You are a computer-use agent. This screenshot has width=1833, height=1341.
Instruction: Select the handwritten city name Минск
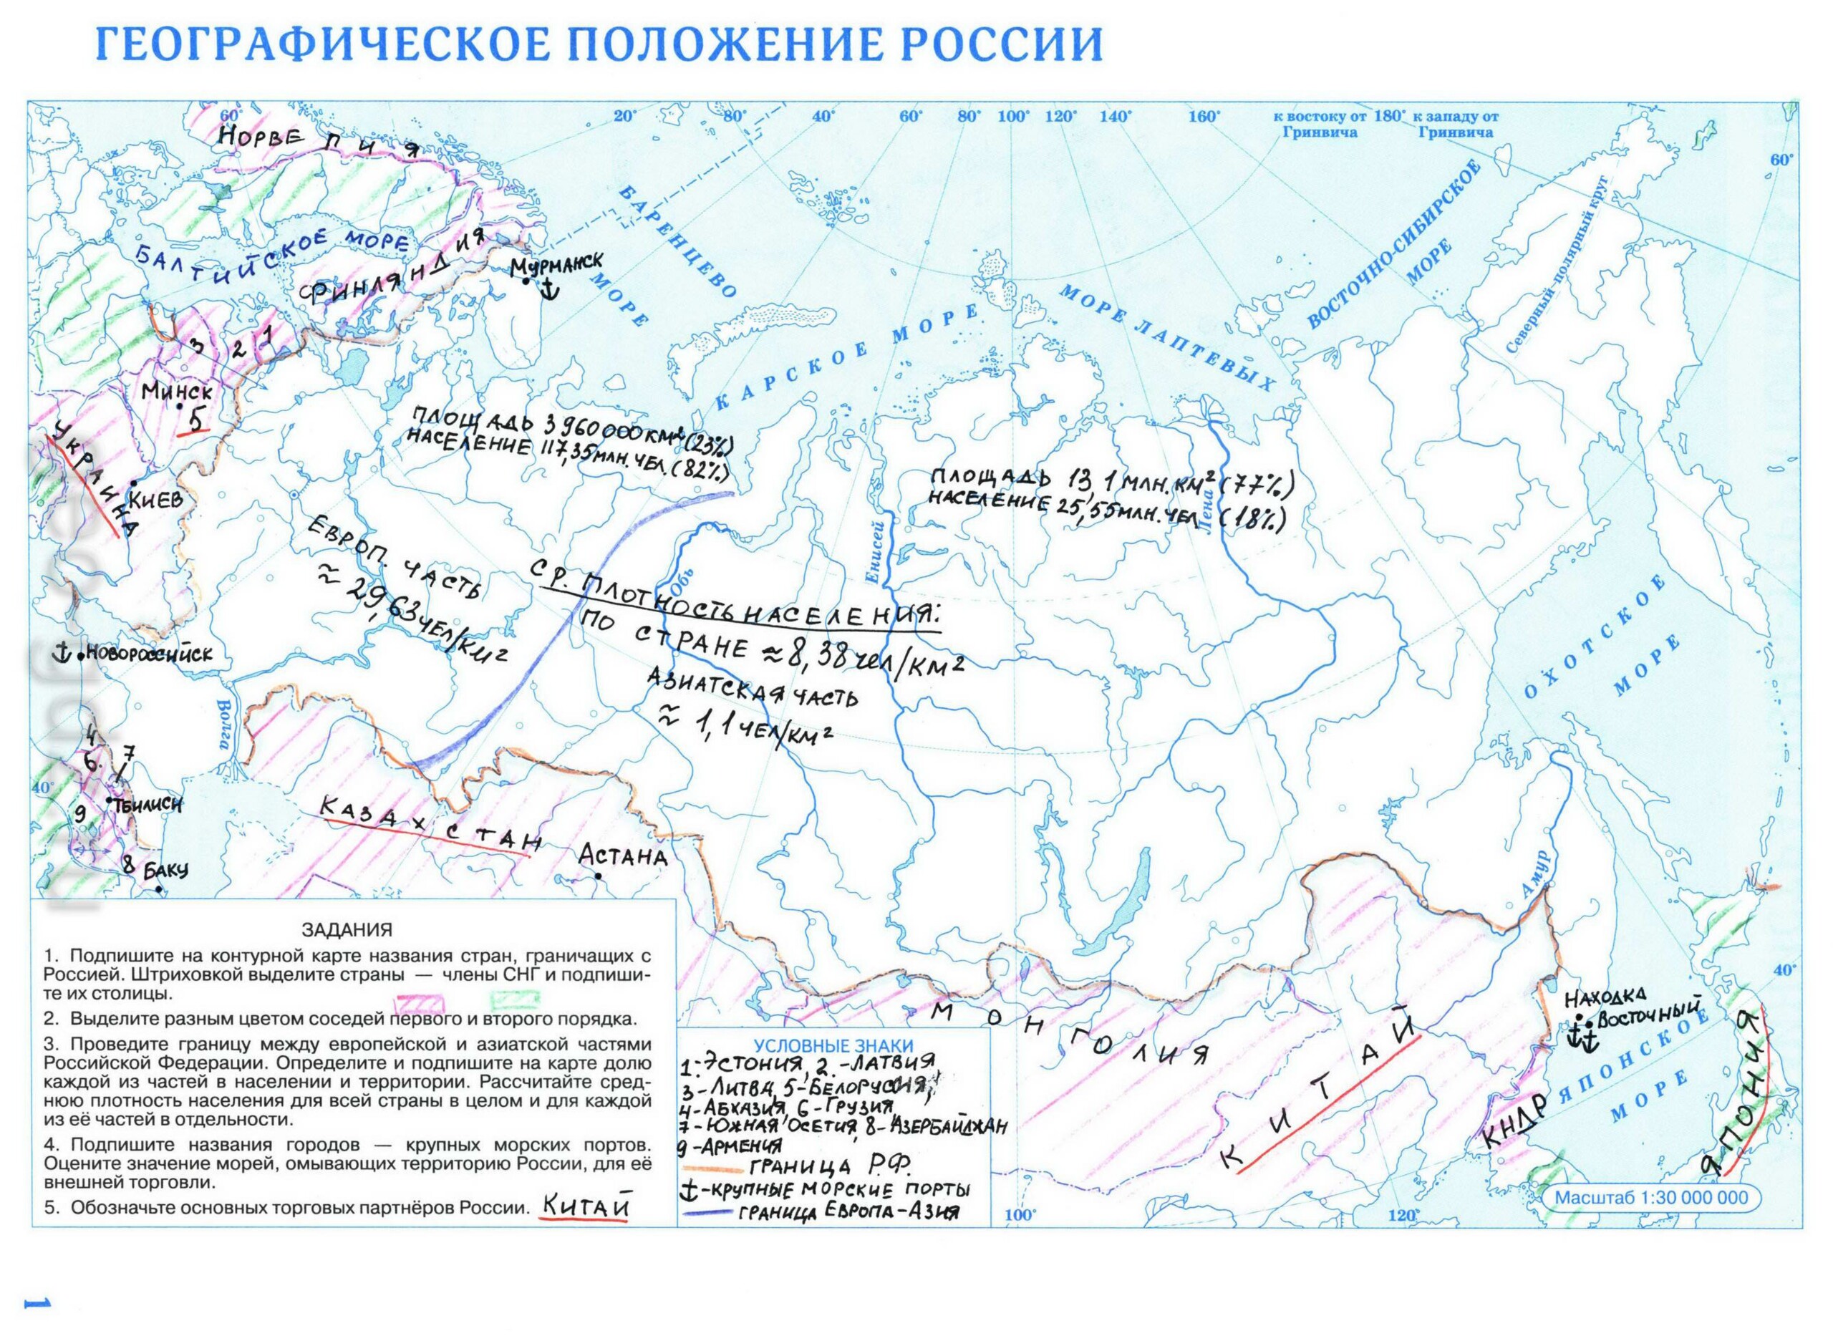176,391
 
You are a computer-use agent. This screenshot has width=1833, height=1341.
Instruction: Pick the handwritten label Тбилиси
147,805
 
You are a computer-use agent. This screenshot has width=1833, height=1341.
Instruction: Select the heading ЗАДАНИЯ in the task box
347,929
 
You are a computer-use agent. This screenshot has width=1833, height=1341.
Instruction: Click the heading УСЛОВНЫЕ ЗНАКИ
833,1046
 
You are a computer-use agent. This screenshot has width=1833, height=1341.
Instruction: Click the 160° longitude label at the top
1204,117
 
